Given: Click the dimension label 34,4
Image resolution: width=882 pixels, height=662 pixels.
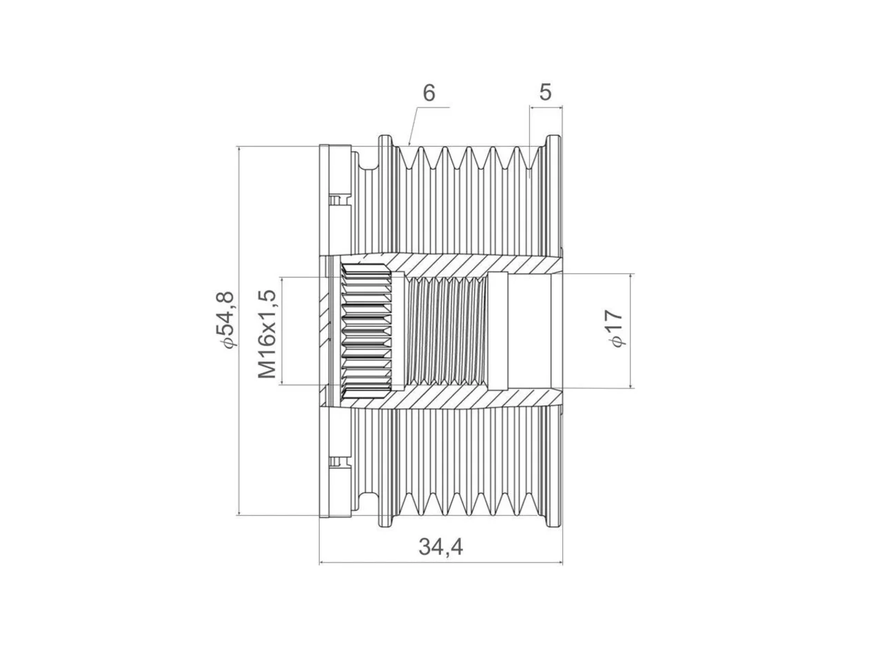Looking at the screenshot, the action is coord(440,547).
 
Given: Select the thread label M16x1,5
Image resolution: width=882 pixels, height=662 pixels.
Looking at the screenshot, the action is coord(267,334).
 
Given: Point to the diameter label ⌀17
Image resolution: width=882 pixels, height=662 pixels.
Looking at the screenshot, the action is coord(615,328).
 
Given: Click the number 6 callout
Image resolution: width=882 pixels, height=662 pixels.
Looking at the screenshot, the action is coord(429,93).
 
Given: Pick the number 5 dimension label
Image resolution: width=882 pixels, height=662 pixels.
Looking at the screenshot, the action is coord(545,93).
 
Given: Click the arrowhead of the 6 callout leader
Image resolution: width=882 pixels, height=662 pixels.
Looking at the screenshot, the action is coord(409,143).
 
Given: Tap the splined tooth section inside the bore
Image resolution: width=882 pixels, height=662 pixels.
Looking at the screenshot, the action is coord(366,332).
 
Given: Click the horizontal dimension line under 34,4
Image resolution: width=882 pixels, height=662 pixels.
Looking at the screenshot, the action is coord(441,563).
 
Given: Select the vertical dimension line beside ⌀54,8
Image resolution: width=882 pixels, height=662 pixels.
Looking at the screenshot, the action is coord(240,330).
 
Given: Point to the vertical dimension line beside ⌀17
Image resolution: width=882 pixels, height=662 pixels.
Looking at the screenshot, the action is coord(630,331).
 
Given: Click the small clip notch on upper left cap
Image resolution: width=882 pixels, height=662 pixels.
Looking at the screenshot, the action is coord(340,200).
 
